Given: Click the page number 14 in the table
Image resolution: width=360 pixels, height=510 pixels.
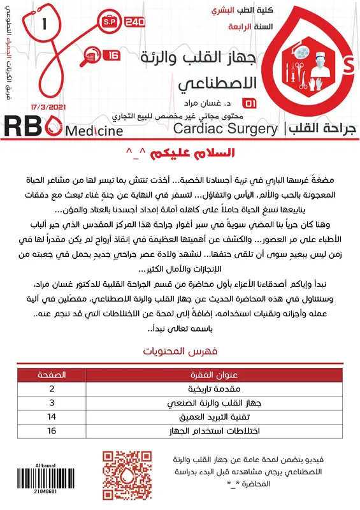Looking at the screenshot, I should pyautogui.click(x=52, y=416).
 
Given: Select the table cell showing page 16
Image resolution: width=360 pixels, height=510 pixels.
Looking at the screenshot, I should pyautogui.click(x=52, y=430).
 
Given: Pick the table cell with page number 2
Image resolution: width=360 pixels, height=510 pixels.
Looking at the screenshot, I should pyautogui.click(x=52, y=388).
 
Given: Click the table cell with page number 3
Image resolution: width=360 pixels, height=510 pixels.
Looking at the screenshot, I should pyautogui.click(x=52, y=402).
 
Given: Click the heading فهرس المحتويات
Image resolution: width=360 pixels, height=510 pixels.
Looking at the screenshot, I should pyautogui.click(x=180, y=351).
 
